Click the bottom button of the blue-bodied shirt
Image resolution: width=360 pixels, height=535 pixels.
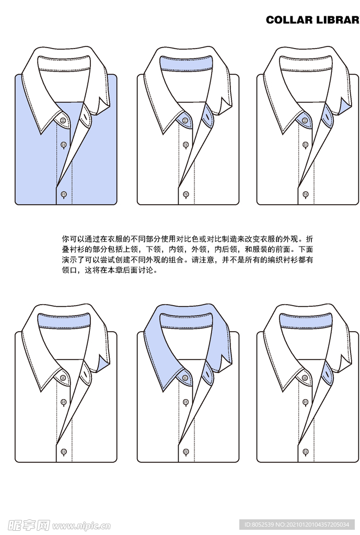pyautogui.click(x=64, y=194)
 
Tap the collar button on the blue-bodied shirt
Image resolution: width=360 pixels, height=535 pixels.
pyautogui.click(x=64, y=121)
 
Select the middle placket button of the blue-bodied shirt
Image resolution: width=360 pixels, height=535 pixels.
pyautogui.click(x=64, y=144)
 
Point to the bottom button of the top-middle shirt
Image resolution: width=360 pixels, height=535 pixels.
pyautogui.click(x=186, y=194)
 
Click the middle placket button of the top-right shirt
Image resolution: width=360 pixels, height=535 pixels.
pyautogui.click(x=306, y=144)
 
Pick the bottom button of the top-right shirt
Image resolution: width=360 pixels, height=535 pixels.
pyautogui.click(x=306, y=194)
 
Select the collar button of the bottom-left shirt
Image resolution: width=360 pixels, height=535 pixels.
pyautogui.click(x=64, y=378)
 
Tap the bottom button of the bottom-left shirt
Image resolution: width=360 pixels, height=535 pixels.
pyautogui.click(x=64, y=451)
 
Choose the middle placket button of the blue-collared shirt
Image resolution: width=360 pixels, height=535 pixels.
pyautogui.click(x=186, y=402)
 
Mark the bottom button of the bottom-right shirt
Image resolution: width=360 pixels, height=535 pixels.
pyautogui.click(x=306, y=451)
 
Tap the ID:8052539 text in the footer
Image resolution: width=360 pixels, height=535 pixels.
pyautogui.click(x=261, y=525)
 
